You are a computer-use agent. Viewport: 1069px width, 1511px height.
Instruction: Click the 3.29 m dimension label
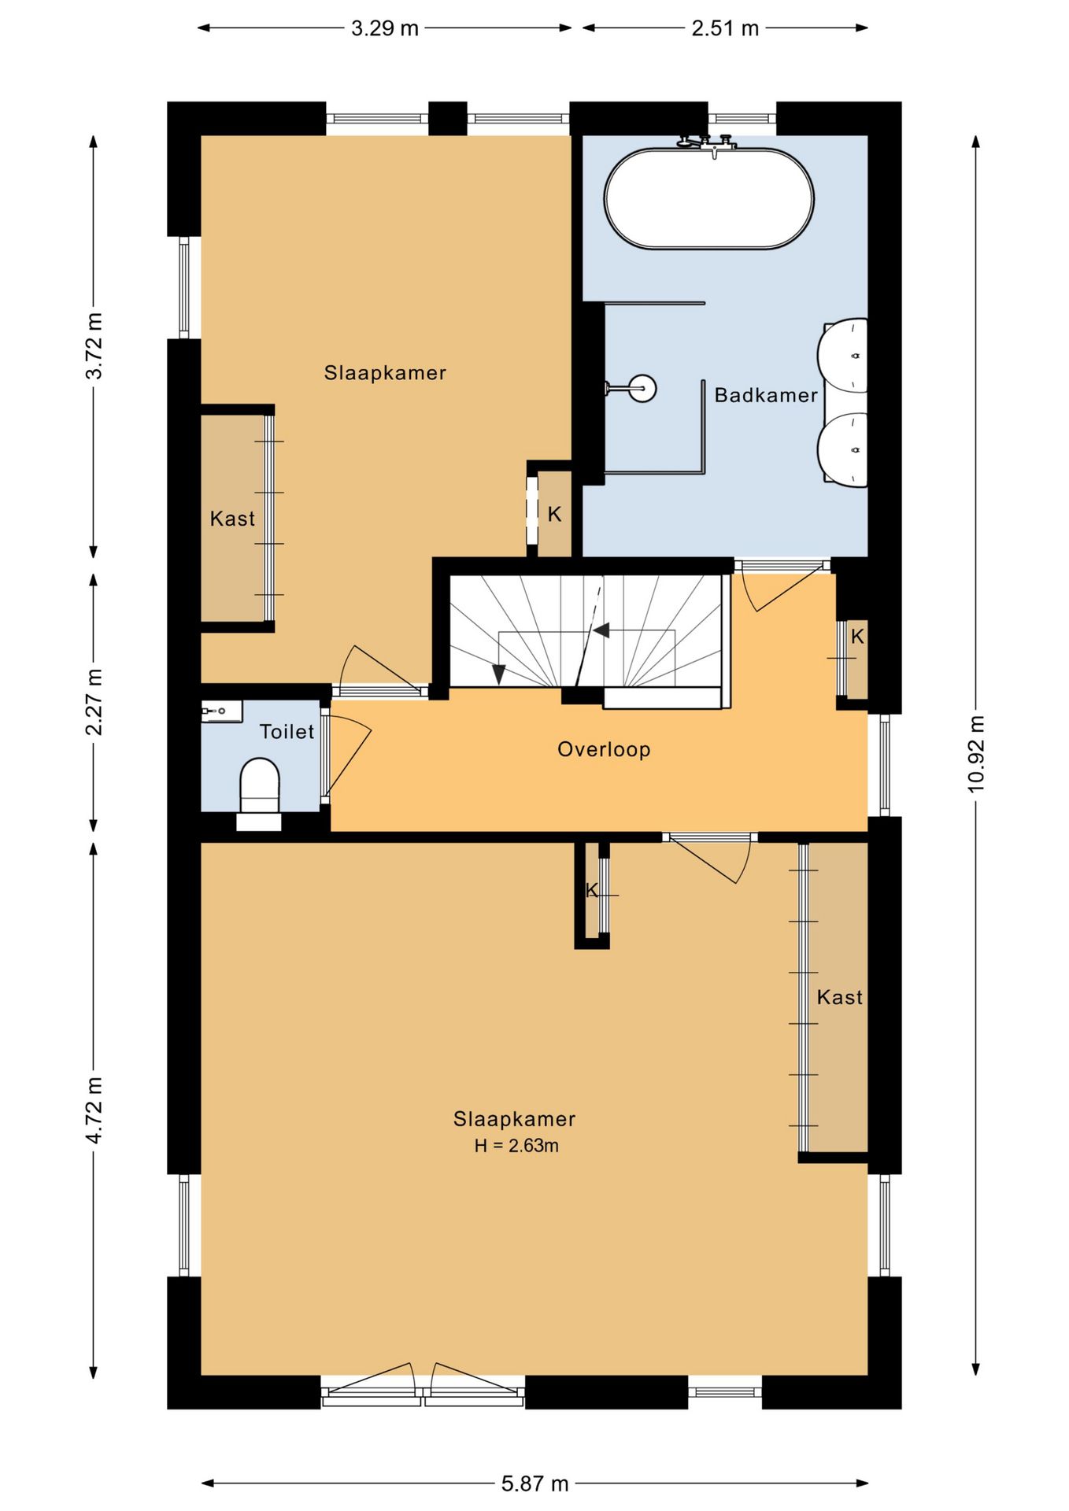384,28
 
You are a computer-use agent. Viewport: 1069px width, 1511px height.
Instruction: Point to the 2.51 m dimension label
725,28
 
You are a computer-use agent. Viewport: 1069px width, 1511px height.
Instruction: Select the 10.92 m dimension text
976,754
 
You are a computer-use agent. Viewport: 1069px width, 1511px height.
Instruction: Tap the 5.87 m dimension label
534,1483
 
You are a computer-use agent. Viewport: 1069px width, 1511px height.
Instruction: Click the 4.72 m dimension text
94,1110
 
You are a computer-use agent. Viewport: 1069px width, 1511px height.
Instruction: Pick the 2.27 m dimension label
94,702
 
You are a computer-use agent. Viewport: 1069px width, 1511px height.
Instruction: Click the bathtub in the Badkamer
708,198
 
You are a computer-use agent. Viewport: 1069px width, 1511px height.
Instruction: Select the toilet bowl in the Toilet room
259,785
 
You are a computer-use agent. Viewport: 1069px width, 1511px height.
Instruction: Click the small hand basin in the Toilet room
221,711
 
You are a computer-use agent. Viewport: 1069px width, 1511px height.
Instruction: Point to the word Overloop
604,749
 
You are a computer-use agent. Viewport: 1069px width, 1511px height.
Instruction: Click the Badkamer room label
766,395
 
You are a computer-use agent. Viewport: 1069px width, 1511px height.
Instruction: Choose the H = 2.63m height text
516,1146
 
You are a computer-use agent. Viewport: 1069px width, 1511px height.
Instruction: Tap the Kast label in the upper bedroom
232,519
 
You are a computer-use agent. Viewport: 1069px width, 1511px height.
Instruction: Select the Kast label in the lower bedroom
839,997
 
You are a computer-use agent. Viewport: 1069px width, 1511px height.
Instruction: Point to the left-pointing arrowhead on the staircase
601,630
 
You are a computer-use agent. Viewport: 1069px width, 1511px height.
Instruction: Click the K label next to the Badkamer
554,514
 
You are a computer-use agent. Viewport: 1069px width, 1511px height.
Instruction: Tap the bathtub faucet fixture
707,143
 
